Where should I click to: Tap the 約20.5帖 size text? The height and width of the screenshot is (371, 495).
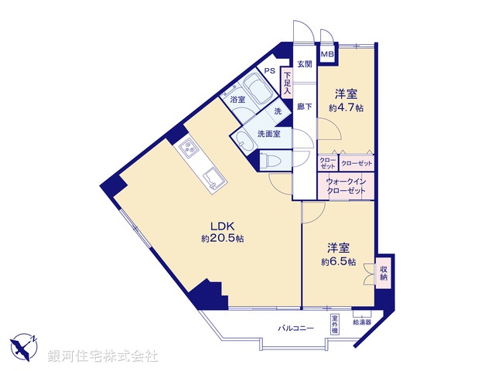click(223, 240)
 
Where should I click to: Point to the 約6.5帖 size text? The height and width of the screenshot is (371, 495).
click(338, 262)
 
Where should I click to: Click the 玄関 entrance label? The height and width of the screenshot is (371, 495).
click(304, 64)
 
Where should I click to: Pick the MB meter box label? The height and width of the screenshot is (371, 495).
click(327, 54)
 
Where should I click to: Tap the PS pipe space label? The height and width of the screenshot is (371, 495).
click(269, 71)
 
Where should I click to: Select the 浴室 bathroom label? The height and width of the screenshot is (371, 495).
click(237, 100)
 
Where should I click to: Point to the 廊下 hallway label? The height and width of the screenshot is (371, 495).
click(304, 107)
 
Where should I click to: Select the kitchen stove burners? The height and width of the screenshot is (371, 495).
click(188, 148)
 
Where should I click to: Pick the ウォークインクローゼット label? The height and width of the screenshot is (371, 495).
click(346, 185)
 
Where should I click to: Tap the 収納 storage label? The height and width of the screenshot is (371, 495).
click(383, 274)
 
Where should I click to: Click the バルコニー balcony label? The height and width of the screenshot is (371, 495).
click(296, 328)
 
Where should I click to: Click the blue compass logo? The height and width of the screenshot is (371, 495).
click(25, 346)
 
